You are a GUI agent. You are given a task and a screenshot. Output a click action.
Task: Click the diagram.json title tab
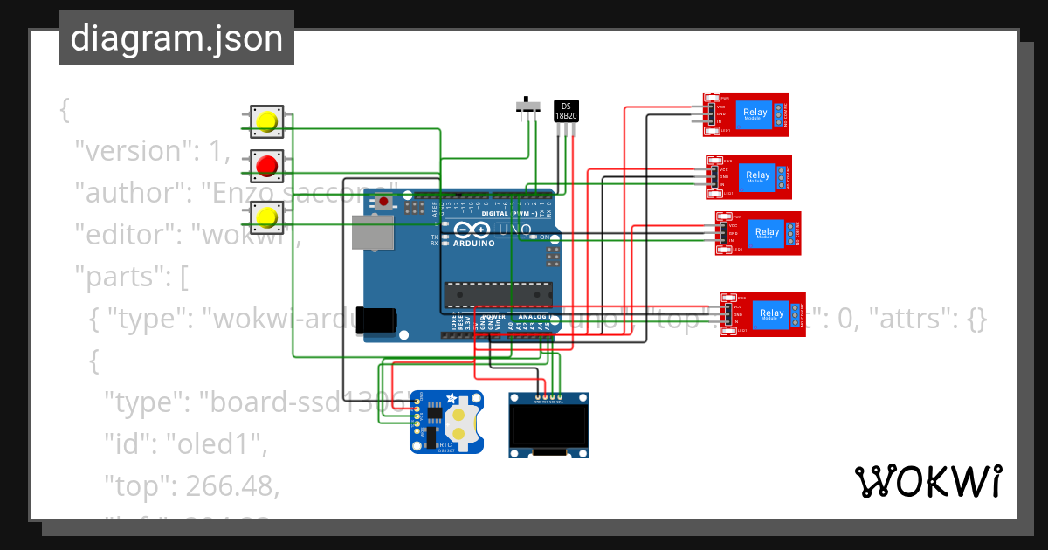[x=176, y=38]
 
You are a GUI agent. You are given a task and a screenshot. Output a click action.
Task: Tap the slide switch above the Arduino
[x=527, y=107]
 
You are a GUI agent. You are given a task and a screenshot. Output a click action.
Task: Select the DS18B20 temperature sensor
[x=566, y=111]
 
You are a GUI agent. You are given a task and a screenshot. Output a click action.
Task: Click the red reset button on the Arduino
[x=384, y=202]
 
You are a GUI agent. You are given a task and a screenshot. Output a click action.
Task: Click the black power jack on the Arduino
[x=376, y=320]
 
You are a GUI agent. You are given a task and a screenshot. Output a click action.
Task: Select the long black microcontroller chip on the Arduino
[x=498, y=295]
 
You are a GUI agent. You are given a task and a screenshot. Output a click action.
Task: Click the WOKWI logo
[x=927, y=481]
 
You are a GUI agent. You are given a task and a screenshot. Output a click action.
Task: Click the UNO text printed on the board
[x=513, y=230]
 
